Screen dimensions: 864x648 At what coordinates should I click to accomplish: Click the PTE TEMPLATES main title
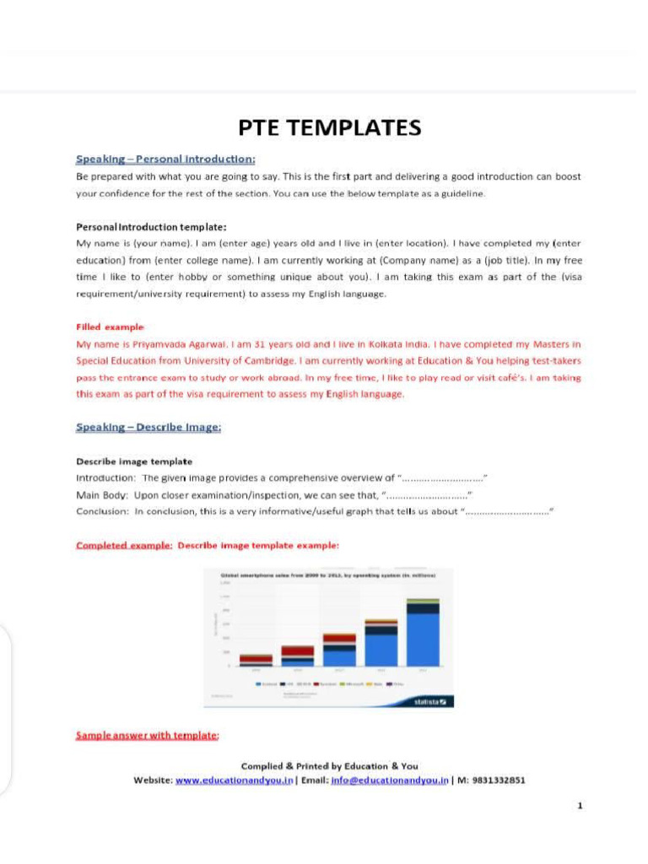(329, 127)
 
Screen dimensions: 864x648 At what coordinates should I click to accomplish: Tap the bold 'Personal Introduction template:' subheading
(151, 226)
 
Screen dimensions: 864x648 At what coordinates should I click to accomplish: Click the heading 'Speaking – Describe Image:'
(148, 427)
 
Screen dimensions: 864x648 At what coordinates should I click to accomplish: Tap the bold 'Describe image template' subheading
(134, 462)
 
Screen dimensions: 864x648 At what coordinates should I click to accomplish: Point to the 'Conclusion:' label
(102, 511)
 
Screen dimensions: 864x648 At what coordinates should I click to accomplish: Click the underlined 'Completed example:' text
(124, 545)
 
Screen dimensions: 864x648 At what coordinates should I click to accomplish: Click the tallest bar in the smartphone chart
(423, 633)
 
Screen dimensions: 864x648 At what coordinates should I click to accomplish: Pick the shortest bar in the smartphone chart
(256, 661)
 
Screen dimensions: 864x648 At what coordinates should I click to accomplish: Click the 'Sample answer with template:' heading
(148, 736)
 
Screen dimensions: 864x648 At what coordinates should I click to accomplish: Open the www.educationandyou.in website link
(235, 780)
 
